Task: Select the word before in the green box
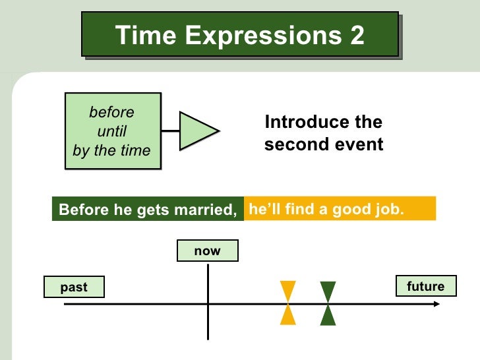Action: tap(111, 112)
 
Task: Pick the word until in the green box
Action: tap(111, 131)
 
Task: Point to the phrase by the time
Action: tap(111, 150)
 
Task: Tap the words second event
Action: tap(323, 144)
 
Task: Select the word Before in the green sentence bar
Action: tap(81, 210)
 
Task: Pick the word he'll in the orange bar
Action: tap(264, 210)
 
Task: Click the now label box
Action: tap(207, 251)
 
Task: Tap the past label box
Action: tap(74, 287)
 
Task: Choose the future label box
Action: tap(425, 286)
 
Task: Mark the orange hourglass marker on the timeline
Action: tap(288, 303)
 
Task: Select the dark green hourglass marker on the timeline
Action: tap(328, 303)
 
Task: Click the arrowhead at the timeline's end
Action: tap(436, 304)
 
